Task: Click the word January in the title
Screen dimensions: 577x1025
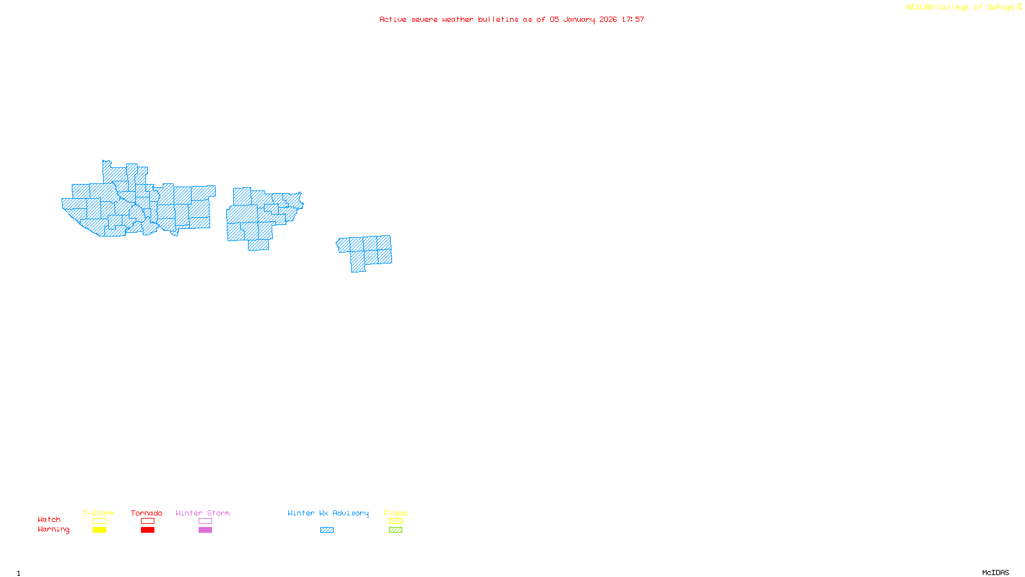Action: (578, 19)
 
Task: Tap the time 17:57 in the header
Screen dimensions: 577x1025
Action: (633, 19)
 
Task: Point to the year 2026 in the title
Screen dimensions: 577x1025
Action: (608, 19)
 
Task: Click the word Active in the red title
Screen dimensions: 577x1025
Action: (392, 19)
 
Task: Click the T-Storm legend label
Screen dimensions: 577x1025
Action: (99, 513)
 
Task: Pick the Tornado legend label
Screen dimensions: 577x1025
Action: (147, 513)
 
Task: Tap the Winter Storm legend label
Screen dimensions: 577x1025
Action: (202, 513)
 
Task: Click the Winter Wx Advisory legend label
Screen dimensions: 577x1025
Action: (328, 513)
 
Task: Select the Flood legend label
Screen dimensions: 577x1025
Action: (395, 513)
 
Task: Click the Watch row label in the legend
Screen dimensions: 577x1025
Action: (49, 519)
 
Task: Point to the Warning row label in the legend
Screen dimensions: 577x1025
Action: (54, 530)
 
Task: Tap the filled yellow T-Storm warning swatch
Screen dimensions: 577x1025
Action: (99, 530)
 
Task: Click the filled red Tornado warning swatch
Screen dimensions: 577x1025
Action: (147, 530)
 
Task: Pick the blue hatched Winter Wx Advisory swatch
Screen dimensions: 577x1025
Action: (327, 530)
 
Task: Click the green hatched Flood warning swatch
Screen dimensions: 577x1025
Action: (395, 530)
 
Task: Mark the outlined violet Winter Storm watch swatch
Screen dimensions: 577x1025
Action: (205, 521)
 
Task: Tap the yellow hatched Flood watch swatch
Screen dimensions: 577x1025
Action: (395, 521)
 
